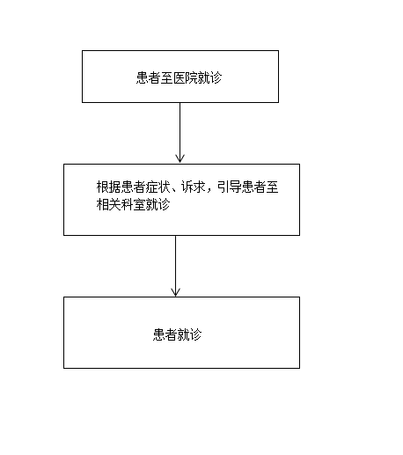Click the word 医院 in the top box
click(185, 78)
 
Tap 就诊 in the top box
click(209, 78)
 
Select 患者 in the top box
click(148, 78)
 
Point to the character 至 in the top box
click(166, 78)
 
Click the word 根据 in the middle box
click(108, 187)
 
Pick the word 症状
click(158, 187)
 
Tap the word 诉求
click(194, 187)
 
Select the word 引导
click(229, 187)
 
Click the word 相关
click(108, 204)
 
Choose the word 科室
click(133, 204)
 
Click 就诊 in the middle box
click(158, 204)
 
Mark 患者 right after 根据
click(133, 187)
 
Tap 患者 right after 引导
click(253, 187)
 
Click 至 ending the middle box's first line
click(272, 187)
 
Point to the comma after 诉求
click(209, 191)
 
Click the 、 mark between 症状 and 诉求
click(174, 190)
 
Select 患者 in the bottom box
click(165, 334)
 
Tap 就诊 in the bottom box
click(189, 334)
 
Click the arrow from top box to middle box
click(180, 133)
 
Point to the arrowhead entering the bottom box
click(175, 292)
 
